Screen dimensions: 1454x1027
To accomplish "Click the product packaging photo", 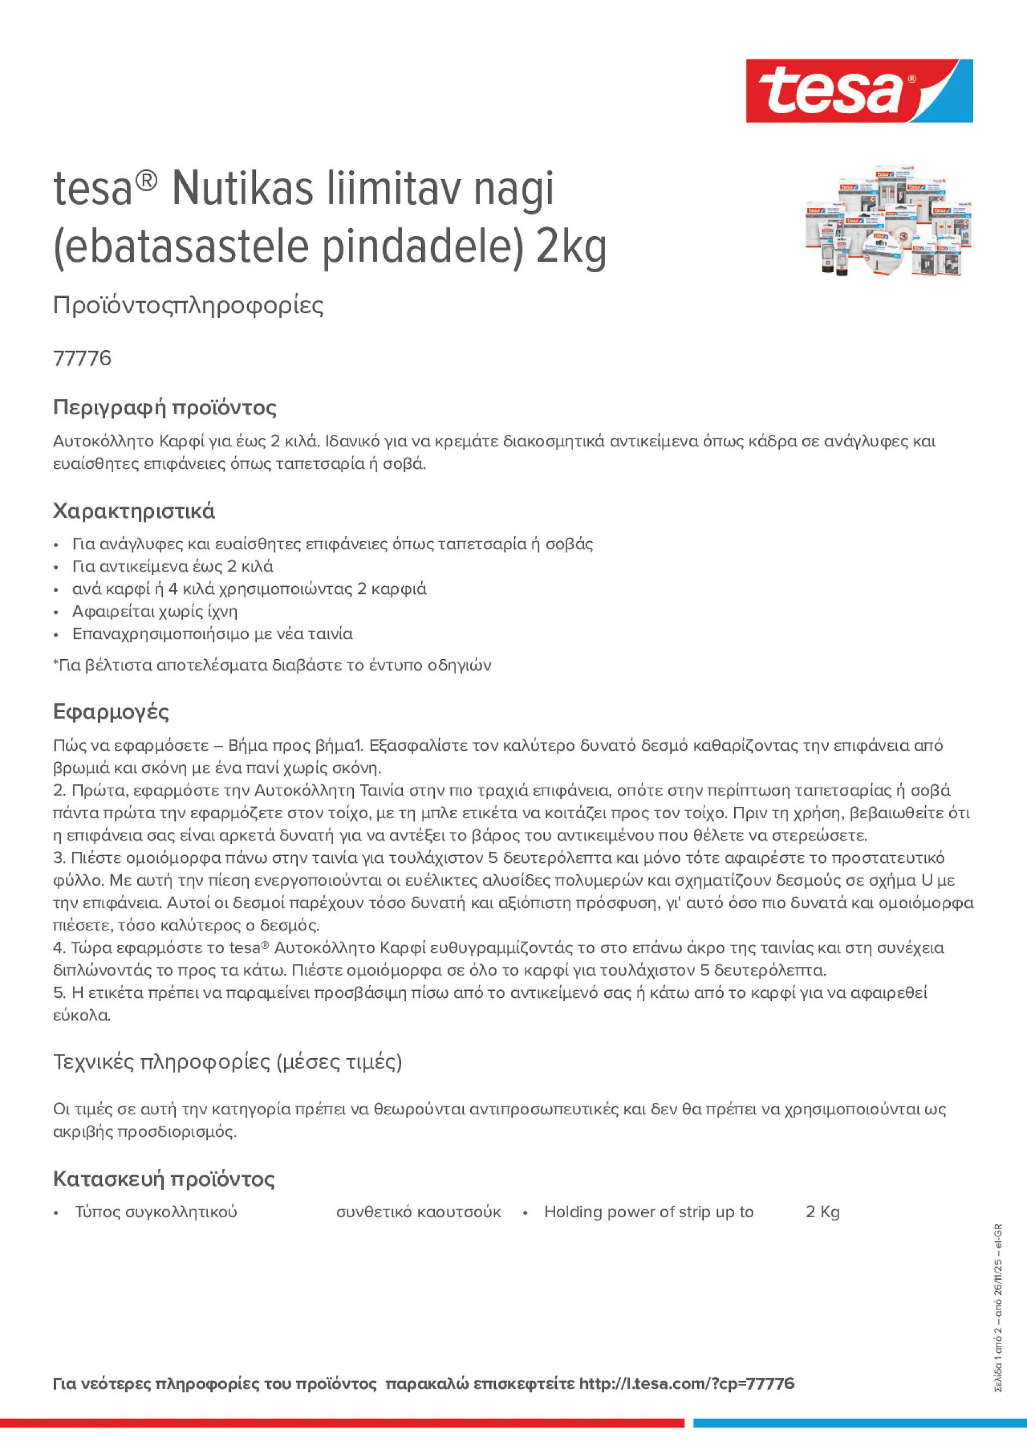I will pyautogui.click(x=888, y=222).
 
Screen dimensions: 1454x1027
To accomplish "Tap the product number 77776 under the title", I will pyautogui.click(x=82, y=358).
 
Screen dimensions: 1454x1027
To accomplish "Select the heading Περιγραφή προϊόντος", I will pyautogui.click(x=164, y=407).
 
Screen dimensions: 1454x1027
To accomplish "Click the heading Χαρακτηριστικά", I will pyautogui.click(x=133, y=511).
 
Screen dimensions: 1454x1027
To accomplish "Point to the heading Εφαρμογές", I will pyautogui.click(x=111, y=712).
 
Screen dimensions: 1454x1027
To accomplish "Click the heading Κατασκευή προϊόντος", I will pyautogui.click(x=164, y=1179).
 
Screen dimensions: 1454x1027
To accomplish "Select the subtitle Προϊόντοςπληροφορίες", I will pyautogui.click(x=188, y=305).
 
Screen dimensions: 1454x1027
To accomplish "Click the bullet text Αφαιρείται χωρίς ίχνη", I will pyautogui.click(x=155, y=611).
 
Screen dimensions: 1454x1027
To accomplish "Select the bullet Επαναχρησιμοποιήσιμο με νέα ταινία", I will pyautogui.click(x=212, y=634).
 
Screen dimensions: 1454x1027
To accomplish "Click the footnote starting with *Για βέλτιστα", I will pyautogui.click(x=272, y=665).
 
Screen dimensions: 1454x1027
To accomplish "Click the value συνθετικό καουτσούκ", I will pyautogui.click(x=418, y=1212).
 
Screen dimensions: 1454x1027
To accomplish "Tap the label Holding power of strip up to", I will pyautogui.click(x=648, y=1212).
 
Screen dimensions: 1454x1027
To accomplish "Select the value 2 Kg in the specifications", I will pyautogui.click(x=822, y=1212).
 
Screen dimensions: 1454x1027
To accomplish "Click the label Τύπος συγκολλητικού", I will pyautogui.click(x=156, y=1212).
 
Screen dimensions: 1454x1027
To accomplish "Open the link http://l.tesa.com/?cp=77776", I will pyautogui.click(x=686, y=1384).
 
